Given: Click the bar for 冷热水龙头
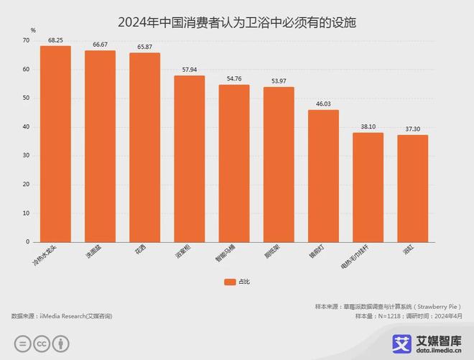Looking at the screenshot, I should (x=55, y=144).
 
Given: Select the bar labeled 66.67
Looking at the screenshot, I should (x=100, y=146).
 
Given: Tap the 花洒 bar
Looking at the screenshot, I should (x=144, y=147).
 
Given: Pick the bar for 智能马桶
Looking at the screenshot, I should (x=234, y=163).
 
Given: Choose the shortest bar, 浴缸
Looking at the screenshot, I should (x=412, y=188).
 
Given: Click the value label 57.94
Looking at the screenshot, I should (x=190, y=70).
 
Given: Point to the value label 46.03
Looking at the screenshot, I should (x=323, y=104).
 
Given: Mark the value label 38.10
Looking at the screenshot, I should (x=368, y=126).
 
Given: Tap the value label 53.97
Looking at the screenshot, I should (x=279, y=81).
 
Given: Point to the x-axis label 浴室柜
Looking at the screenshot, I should (x=184, y=252).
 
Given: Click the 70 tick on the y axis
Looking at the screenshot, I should (x=26, y=41).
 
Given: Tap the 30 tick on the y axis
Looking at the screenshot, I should (x=26, y=156).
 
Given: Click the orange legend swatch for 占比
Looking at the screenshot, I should (x=229, y=282).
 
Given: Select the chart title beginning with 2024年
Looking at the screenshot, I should (x=237, y=22).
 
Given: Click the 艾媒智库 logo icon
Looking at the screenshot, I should (x=401, y=343).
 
